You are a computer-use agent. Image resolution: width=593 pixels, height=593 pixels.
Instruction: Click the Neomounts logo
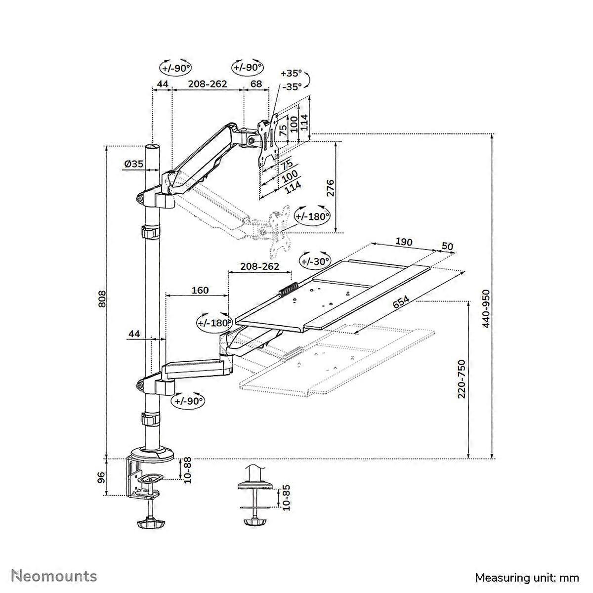tap(54, 576)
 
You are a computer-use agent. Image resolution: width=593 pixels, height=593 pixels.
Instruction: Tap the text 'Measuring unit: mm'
tap(527, 577)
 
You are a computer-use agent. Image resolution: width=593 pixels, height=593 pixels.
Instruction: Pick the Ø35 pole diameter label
tap(133, 164)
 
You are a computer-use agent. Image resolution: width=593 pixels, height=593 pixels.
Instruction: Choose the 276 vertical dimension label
tap(331, 188)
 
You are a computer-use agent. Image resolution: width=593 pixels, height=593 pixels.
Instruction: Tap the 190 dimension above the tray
tap(403, 242)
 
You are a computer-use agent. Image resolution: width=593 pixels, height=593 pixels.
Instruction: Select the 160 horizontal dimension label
tap(200, 290)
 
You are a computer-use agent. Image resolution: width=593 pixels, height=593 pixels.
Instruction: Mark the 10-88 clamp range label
tap(187, 470)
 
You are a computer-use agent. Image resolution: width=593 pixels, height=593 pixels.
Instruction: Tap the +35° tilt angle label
tap(291, 73)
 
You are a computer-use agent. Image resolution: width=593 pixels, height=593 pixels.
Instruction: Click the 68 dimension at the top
tap(256, 84)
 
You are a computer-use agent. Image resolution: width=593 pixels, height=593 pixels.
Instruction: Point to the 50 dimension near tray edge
tap(447, 246)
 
